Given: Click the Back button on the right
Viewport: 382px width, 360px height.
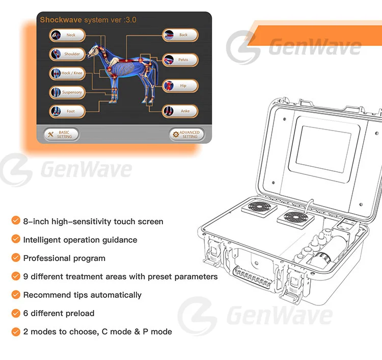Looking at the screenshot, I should click(180, 35).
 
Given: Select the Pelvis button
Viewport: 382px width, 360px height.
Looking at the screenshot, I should click(180, 60).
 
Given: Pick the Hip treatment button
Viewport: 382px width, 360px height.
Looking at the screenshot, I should click(180, 86).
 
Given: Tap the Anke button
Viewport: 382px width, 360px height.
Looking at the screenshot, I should click(180, 111).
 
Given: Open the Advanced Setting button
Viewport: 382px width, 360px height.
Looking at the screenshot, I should click(186, 134).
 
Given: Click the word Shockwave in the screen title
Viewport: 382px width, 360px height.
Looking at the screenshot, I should click(61, 20).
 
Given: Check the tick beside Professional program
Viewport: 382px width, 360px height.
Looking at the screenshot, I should click(16, 258).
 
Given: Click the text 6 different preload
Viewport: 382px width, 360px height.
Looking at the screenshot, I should click(59, 313).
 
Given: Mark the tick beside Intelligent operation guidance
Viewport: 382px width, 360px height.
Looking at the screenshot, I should click(16, 240).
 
